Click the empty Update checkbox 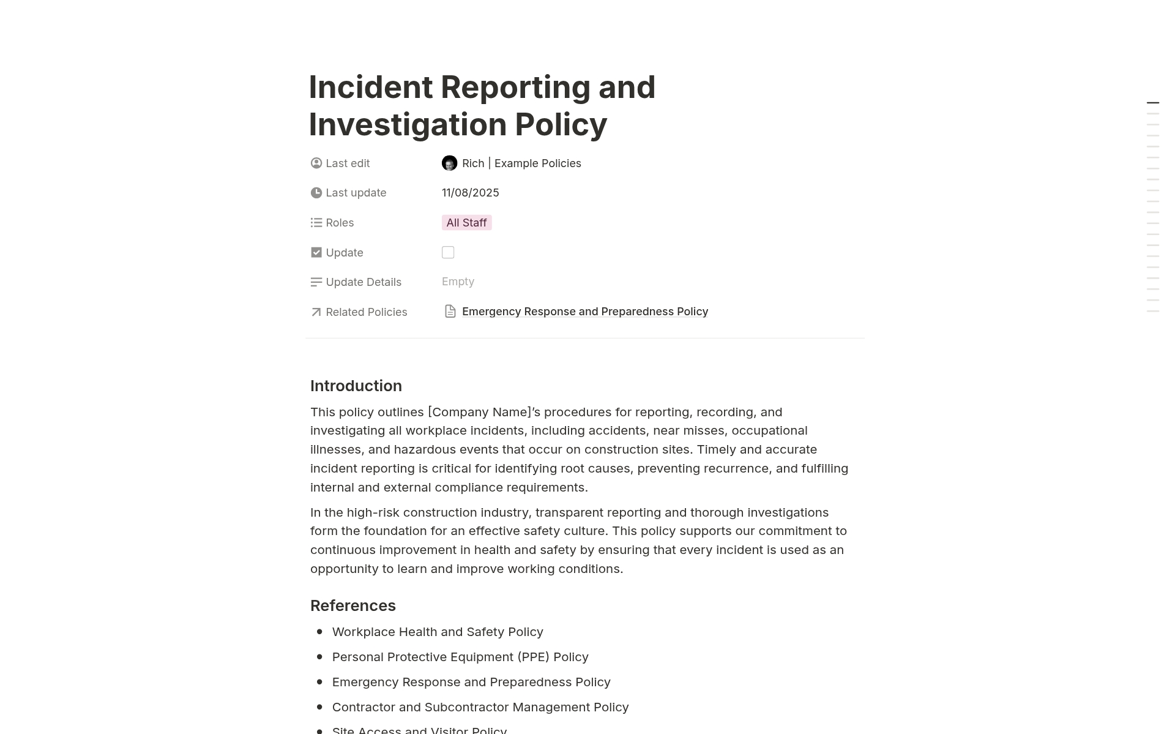pyautogui.click(x=448, y=252)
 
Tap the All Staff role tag pyautogui.click(x=466, y=223)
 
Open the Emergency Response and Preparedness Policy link pyautogui.click(x=584, y=312)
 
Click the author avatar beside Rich pyautogui.click(x=449, y=163)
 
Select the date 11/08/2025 pyautogui.click(x=470, y=193)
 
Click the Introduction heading pyautogui.click(x=356, y=386)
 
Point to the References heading pyautogui.click(x=352, y=605)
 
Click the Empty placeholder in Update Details pyautogui.click(x=458, y=282)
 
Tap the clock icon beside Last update pyautogui.click(x=316, y=193)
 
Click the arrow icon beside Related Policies pyautogui.click(x=316, y=312)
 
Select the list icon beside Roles pyautogui.click(x=316, y=223)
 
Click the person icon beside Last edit pyautogui.click(x=316, y=163)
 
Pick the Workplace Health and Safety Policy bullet pyautogui.click(x=437, y=632)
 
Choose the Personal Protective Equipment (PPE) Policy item pyautogui.click(x=460, y=657)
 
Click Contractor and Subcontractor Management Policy pyautogui.click(x=480, y=707)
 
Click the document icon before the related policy pyautogui.click(x=450, y=312)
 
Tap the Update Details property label pyautogui.click(x=363, y=282)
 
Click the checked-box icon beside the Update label pyautogui.click(x=316, y=252)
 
